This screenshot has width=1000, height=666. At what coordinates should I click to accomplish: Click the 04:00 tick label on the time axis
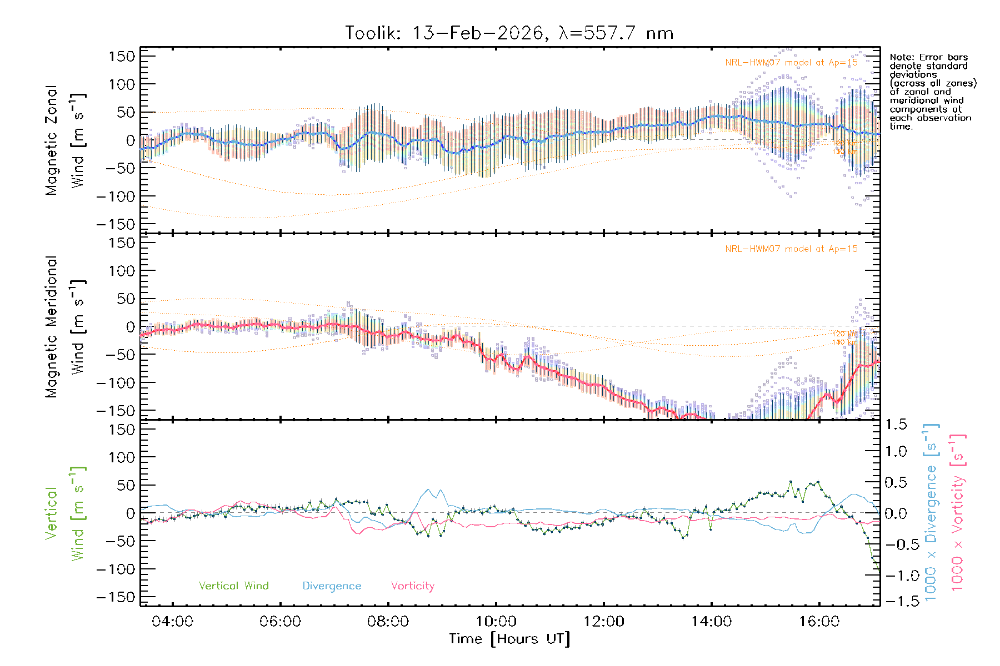pyautogui.click(x=172, y=621)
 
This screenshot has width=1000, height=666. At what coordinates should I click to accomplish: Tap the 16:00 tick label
pyautogui.click(x=819, y=621)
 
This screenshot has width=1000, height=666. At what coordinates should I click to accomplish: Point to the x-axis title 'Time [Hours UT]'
pyautogui.click(x=509, y=639)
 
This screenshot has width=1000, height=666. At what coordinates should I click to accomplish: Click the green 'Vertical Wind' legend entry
pyautogui.click(x=233, y=586)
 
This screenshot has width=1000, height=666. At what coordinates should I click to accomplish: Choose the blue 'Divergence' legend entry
pyautogui.click(x=332, y=586)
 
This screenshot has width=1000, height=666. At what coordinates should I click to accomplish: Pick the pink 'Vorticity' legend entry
pyautogui.click(x=412, y=586)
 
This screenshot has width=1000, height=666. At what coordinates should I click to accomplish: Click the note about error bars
pyautogui.click(x=932, y=92)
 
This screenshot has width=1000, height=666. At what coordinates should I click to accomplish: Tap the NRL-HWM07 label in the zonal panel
pyautogui.click(x=791, y=63)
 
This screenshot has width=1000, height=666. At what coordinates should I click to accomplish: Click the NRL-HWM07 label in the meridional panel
pyautogui.click(x=791, y=249)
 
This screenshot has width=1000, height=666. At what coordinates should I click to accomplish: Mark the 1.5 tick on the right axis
pyautogui.click(x=896, y=425)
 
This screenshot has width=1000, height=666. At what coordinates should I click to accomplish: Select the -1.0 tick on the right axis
pyautogui.click(x=896, y=576)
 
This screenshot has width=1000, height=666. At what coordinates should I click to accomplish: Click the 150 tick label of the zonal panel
pyautogui.click(x=122, y=57)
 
